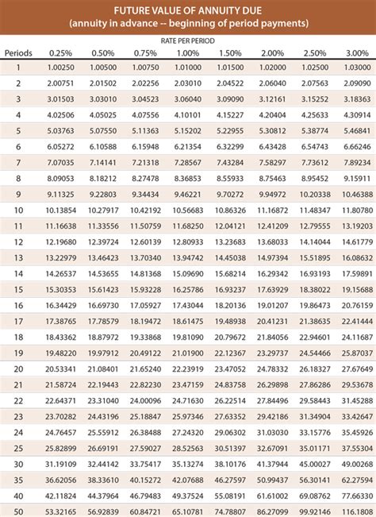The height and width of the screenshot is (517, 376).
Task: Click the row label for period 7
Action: coord(17,162)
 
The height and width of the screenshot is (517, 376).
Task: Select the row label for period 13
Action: coord(17,257)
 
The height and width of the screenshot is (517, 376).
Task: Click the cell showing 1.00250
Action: coord(61,67)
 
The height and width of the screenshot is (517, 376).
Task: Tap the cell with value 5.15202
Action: coord(187,130)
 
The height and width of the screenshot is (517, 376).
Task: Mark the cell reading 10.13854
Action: coord(61,210)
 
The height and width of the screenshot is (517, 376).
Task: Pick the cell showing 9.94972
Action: coord(273,194)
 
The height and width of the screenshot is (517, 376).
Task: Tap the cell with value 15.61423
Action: coord(103,289)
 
